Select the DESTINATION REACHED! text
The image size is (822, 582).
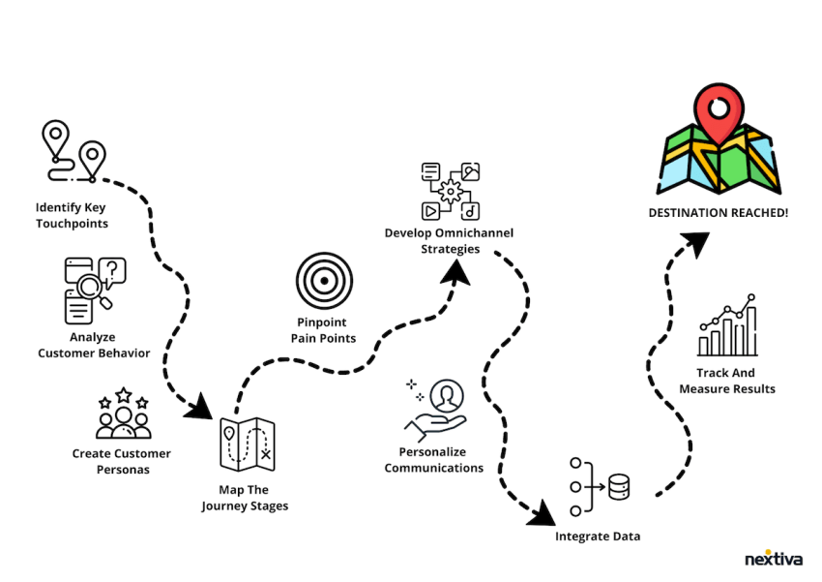(x=719, y=211)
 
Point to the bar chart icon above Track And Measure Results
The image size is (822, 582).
(x=727, y=327)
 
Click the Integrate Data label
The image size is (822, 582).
(x=597, y=536)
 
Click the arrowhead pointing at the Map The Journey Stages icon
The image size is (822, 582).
(x=199, y=405)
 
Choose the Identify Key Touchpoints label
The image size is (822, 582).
(x=71, y=215)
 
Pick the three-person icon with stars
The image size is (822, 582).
(x=123, y=414)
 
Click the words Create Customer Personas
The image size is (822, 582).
(x=122, y=461)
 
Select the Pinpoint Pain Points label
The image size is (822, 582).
(x=323, y=330)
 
